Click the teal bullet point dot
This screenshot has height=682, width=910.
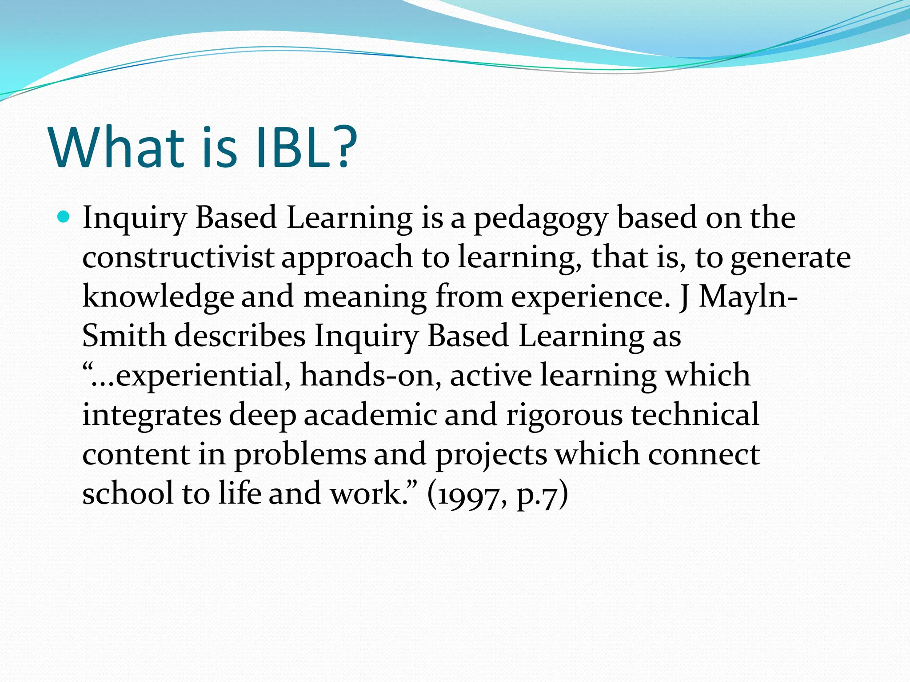coord(64,217)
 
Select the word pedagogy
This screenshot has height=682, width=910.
coord(540,219)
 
